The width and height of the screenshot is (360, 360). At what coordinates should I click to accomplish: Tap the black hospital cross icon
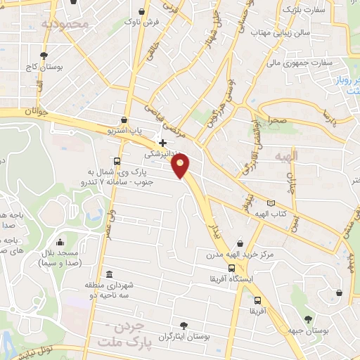pyautogui.click(x=162, y=142)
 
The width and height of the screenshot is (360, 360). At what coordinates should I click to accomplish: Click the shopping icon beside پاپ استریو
pyautogui.click(x=124, y=120)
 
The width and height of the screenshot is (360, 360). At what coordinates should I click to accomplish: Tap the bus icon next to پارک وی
pyautogui.click(x=116, y=160)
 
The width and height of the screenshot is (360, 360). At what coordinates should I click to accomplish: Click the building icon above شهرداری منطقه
pyautogui.click(x=108, y=274)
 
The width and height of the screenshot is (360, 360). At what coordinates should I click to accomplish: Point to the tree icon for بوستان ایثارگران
pyautogui.click(x=184, y=325)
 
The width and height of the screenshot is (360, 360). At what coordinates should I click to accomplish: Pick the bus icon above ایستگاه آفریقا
pyautogui.click(x=232, y=268)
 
